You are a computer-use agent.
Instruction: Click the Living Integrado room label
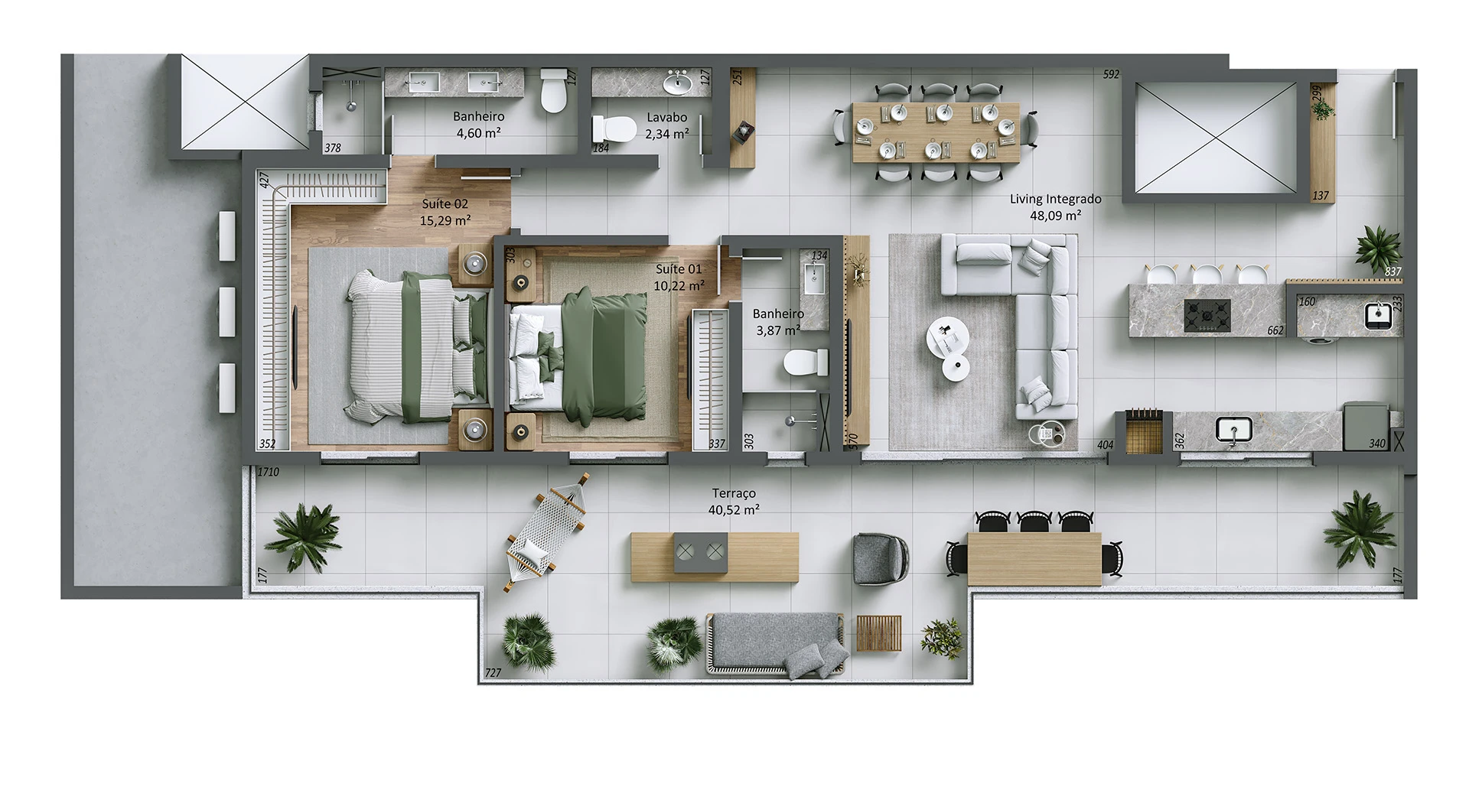[x=1055, y=199]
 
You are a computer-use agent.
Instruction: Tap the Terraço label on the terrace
[x=734, y=494]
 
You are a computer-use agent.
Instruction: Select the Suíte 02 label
[x=445, y=204]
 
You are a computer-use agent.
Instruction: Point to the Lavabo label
[x=666, y=118]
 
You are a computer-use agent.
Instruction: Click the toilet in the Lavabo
[x=616, y=128]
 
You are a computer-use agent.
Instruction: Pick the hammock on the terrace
[x=548, y=532]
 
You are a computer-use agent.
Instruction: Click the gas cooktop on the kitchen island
[x=1207, y=315]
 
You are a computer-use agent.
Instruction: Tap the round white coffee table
[x=947, y=337]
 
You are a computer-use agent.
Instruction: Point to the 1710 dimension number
[x=268, y=473]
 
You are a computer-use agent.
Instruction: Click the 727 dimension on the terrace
[x=493, y=673]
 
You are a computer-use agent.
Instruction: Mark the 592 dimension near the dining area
[x=1111, y=74]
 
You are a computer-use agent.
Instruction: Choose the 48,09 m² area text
[x=1055, y=216]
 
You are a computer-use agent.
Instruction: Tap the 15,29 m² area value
[x=445, y=221]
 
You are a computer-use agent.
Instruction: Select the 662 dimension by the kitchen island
[x=1275, y=330]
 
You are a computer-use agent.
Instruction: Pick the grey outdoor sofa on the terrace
[x=776, y=645]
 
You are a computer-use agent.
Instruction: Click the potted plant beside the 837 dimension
[x=1378, y=246]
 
